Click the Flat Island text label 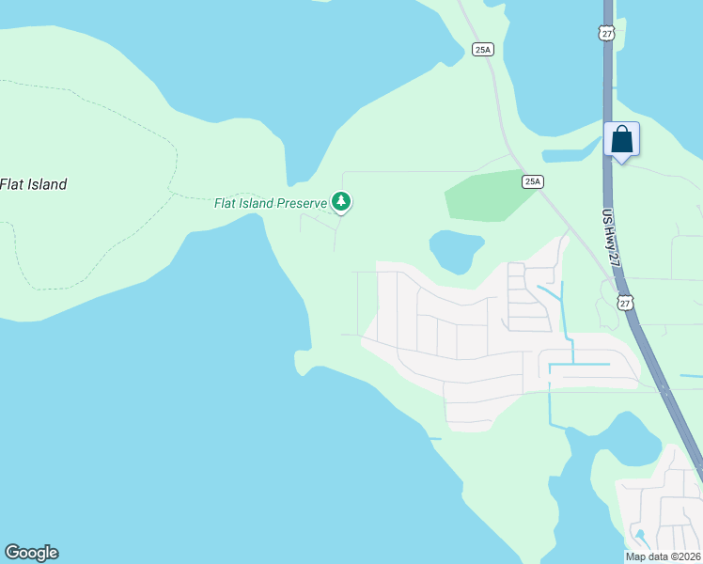(34, 184)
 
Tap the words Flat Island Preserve (269, 202)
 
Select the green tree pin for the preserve (341, 201)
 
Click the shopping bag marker (621, 140)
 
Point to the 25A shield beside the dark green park (533, 180)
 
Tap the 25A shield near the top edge (482, 49)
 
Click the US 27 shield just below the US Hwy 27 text (626, 302)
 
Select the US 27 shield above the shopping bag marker (606, 34)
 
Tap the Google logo (31, 553)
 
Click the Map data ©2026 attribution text (663, 556)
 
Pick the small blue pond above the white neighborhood (455, 248)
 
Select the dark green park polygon (485, 195)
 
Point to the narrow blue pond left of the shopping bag (570, 152)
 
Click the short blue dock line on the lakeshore (433, 438)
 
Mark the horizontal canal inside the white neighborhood (575, 364)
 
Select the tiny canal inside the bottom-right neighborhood (640, 539)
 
